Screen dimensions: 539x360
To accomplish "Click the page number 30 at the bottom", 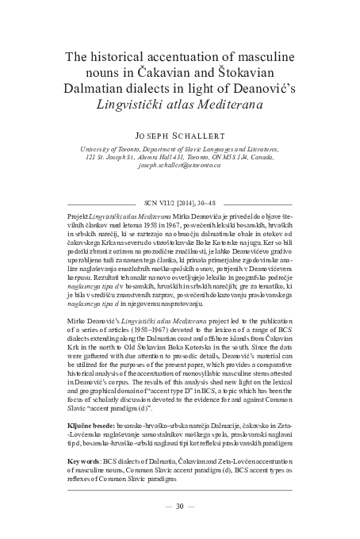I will [x=179, y=506].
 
